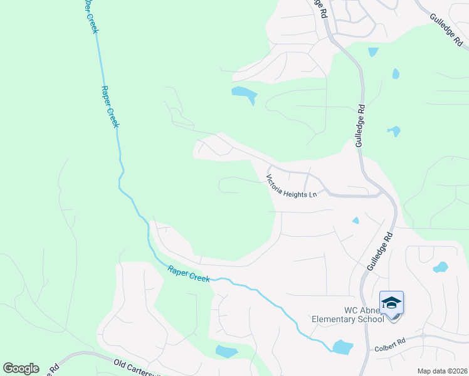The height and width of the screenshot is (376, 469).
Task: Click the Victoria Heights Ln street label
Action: [292, 187]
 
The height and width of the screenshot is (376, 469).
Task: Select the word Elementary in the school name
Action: [338, 319]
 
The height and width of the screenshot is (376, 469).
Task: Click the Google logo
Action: [21, 368]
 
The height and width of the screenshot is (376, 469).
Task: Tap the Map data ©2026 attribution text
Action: [441, 371]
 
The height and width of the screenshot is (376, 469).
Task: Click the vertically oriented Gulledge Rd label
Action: [361, 125]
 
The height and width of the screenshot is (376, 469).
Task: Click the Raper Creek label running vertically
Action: [110, 107]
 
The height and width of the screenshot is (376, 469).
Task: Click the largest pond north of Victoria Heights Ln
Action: [244, 95]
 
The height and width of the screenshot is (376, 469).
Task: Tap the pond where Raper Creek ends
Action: [342, 347]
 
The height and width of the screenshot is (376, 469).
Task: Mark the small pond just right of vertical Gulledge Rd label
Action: [394, 131]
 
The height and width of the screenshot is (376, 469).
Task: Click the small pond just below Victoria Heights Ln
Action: [356, 220]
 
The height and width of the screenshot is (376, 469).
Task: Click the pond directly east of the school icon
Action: [441, 267]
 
